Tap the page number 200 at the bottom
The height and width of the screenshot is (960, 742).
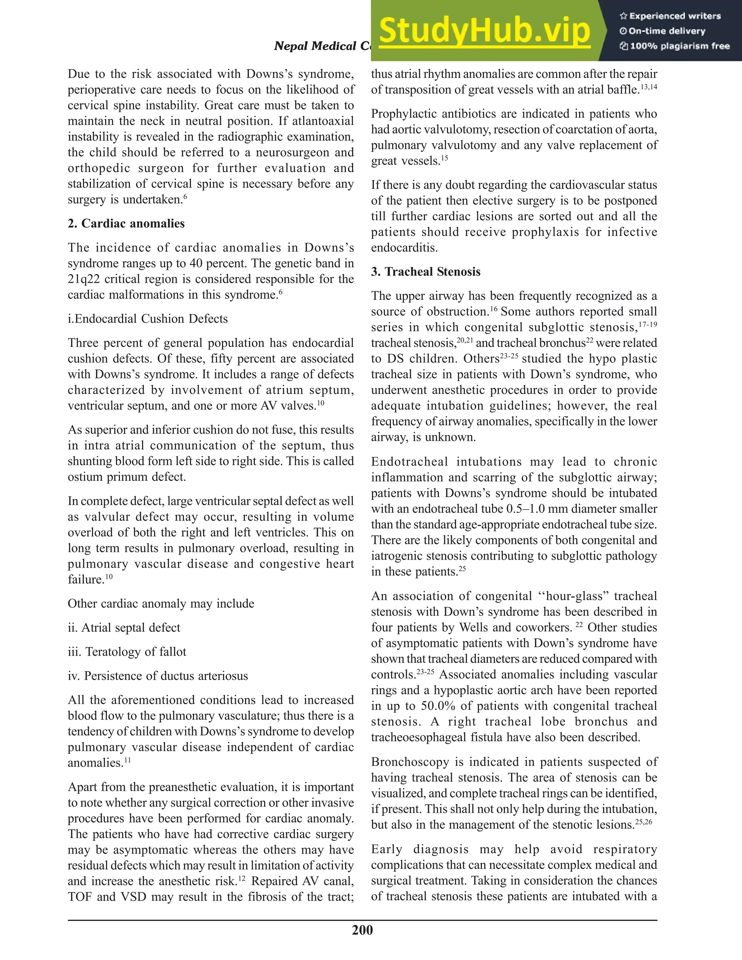pyautogui.click(x=362, y=930)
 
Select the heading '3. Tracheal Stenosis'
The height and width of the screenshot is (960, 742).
pyautogui.click(x=425, y=272)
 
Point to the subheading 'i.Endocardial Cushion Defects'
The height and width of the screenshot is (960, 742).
pyautogui.click(x=148, y=319)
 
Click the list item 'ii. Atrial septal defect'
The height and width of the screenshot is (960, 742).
pyautogui.click(x=124, y=628)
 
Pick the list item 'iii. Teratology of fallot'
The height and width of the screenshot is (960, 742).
pyautogui.click(x=127, y=652)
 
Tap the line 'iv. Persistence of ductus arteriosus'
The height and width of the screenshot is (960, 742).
pyautogui.click(x=158, y=676)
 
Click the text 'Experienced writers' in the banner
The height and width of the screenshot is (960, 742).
pyautogui.click(x=675, y=16)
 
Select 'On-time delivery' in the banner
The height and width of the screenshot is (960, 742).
pyautogui.click(x=666, y=31)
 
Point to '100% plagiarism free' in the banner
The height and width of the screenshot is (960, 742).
pyautogui.click(x=680, y=46)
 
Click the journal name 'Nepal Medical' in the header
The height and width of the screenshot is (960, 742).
pyautogui.click(x=315, y=46)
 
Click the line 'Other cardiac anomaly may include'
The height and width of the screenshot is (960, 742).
pyautogui.click(x=161, y=604)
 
